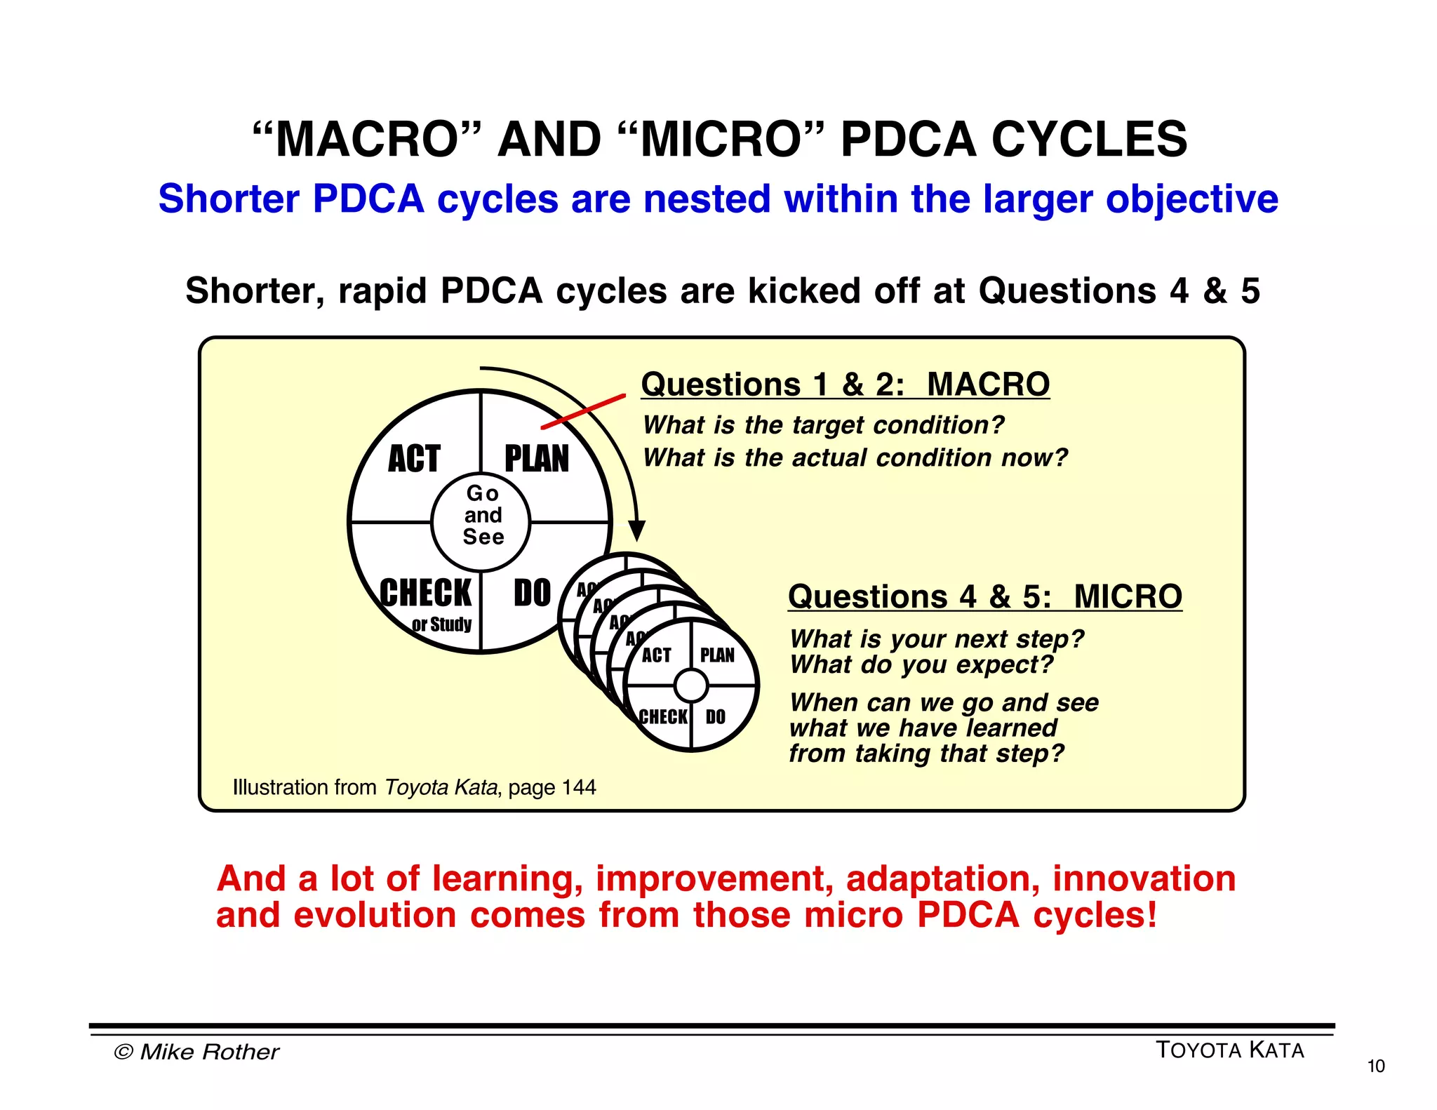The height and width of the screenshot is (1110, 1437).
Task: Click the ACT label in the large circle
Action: coord(414,459)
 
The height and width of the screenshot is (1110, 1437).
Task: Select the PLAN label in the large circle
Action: coord(537,459)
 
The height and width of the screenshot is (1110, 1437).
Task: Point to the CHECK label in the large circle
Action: coord(425,593)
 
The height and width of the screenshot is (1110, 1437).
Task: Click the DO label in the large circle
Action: coord(532,593)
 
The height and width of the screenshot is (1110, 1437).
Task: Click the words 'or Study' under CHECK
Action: coord(441,624)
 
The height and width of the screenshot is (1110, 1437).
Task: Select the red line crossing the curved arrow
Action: coord(583,412)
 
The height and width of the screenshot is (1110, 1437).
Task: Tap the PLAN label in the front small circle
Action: coord(717,655)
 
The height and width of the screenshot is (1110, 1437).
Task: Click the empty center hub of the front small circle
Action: coord(691,686)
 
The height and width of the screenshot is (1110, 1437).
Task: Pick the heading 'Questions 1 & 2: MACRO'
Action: coord(845,385)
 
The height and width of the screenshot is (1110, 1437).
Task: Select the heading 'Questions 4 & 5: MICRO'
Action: coord(984,597)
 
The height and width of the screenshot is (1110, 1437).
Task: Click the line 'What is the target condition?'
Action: coord(823,425)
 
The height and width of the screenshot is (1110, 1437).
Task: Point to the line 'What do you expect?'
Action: coord(921,664)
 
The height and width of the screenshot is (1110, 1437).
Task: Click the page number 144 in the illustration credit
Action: coord(578,787)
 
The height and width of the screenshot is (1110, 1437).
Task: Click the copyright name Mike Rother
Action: coord(209,1052)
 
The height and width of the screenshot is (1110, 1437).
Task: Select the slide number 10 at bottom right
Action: coord(1375,1066)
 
